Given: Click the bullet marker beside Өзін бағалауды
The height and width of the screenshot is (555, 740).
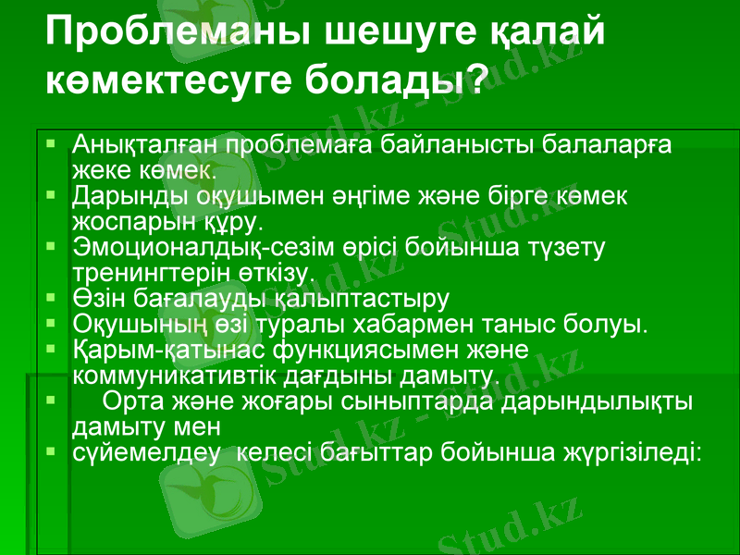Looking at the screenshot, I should (56, 299).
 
